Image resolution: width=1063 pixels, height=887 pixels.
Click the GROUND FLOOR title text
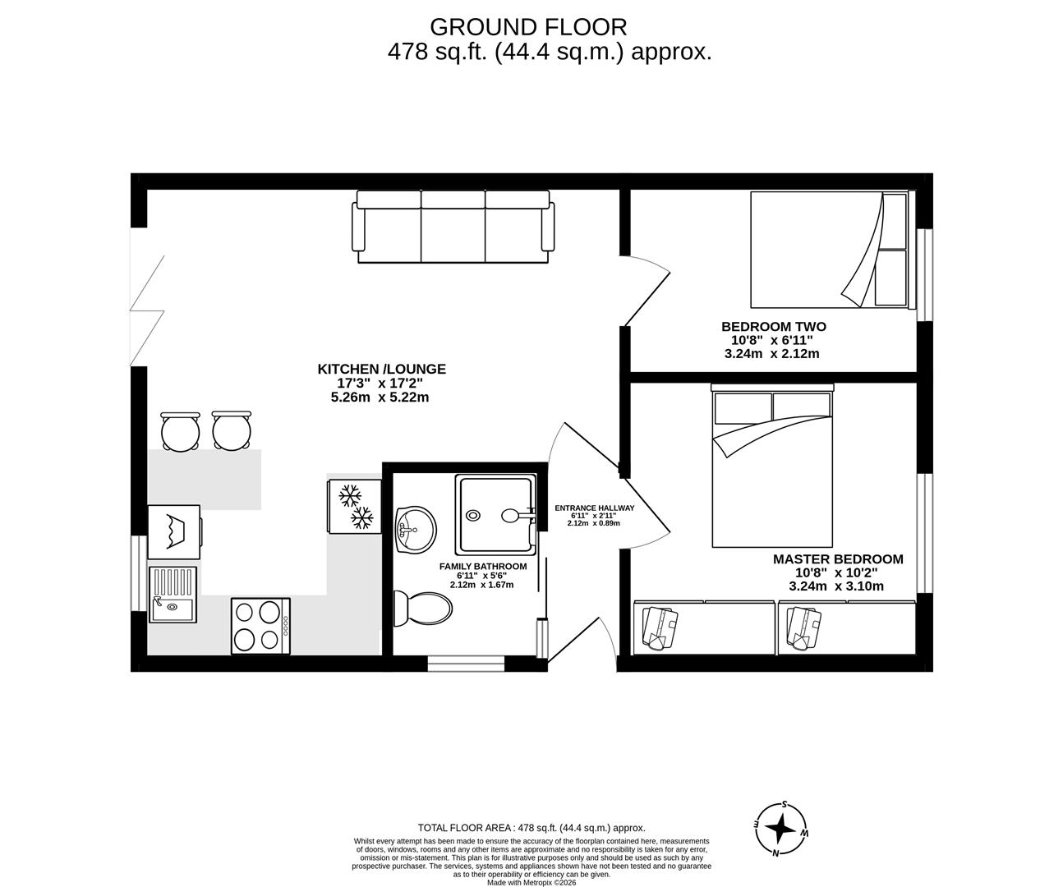pyautogui.click(x=528, y=27)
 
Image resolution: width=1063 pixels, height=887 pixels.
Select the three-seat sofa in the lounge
pyautogui.click(x=451, y=227)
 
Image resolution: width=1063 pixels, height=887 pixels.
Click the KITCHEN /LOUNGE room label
pyautogui.click(x=382, y=369)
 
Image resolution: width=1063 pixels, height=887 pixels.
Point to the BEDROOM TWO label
pyautogui.click(x=773, y=326)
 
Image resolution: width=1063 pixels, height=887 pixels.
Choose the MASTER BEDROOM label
pyautogui.click(x=837, y=558)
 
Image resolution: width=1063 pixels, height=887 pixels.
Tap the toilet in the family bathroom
pyautogui.click(x=423, y=609)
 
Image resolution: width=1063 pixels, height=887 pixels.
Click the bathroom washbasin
pyautogui.click(x=416, y=530)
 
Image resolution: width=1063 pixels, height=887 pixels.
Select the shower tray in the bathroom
pyautogui.click(x=495, y=514)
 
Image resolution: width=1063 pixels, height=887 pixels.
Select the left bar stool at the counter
pyautogui.click(x=180, y=430)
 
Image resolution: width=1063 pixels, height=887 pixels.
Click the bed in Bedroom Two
pyautogui.click(x=829, y=250)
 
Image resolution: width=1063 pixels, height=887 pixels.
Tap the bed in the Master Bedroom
pyautogui.click(x=772, y=468)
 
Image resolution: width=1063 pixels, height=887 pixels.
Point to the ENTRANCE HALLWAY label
pyautogui.click(x=594, y=508)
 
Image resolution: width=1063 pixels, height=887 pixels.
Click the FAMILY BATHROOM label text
pyautogui.click(x=482, y=566)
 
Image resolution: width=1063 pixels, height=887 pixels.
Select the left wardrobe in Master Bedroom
pyautogui.click(x=703, y=627)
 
